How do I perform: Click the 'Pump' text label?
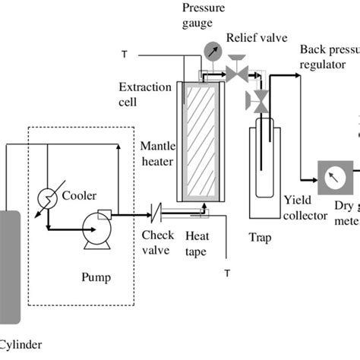point(96,277)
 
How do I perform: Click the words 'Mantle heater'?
point(156,152)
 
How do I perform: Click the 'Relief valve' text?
point(257,37)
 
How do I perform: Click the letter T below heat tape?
point(226,271)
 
